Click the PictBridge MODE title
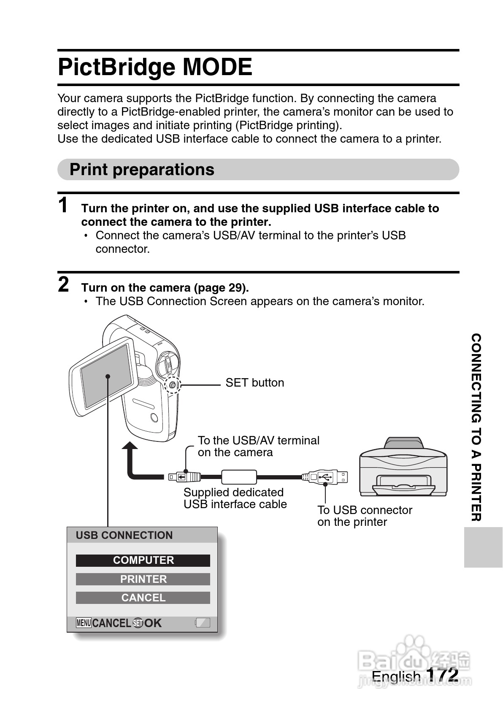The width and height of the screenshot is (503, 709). tap(155, 67)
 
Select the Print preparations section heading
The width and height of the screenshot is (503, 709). tap(142, 170)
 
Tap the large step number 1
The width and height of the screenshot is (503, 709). tap(63, 206)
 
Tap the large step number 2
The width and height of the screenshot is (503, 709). tap(63, 285)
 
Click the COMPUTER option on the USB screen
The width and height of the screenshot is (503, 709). tap(143, 560)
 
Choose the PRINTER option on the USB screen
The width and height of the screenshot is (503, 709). tap(143, 579)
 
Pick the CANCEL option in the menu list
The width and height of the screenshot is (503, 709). tap(143, 598)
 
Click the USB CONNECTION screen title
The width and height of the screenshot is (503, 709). tap(124, 535)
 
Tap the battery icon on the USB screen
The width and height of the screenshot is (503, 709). tap(203, 622)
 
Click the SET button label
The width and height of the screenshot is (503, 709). tap(254, 383)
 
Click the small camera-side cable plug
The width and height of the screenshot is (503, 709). tap(184, 477)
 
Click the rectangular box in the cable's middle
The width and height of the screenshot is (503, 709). tap(239, 477)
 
